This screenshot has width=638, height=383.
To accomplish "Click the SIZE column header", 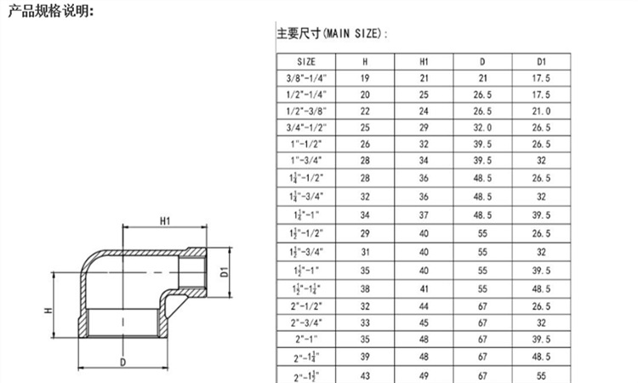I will [306, 62].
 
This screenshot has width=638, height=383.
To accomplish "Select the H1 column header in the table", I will [424, 62].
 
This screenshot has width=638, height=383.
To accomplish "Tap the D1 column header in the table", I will [541, 62].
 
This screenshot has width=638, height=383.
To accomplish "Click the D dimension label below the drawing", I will [124, 362].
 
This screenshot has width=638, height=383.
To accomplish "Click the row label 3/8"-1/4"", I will [306, 78].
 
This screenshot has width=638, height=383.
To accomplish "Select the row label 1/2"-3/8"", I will [306, 111].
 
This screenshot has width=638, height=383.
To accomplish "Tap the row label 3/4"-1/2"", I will [306, 128].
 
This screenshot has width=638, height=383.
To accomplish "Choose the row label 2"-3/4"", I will [306, 323].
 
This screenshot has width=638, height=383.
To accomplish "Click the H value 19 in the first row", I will [365, 78].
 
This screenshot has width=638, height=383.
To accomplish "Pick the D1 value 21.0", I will [541, 111].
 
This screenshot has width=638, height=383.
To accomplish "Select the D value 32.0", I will [482, 128].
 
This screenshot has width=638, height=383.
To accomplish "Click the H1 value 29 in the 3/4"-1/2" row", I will [424, 128].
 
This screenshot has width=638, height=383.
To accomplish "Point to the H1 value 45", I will [424, 323].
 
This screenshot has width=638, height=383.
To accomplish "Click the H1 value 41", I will [424, 289].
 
